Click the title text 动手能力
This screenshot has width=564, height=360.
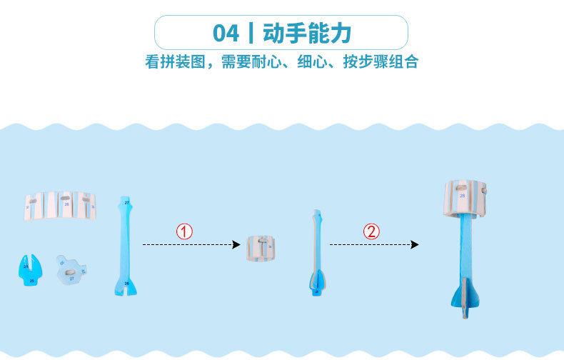(x=307, y=33)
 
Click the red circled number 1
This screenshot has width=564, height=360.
(x=184, y=231)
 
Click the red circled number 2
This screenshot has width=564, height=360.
(x=371, y=231)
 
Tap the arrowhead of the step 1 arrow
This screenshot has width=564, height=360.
(x=236, y=244)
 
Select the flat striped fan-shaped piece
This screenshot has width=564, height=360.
(x=61, y=205)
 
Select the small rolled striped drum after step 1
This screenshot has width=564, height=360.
(x=262, y=247)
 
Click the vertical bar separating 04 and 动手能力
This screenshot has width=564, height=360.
(x=251, y=33)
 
